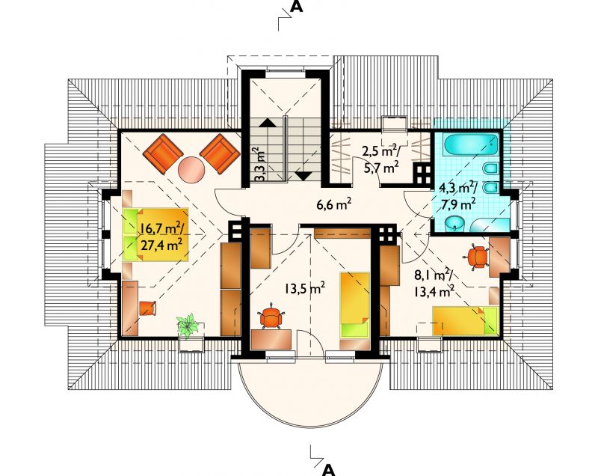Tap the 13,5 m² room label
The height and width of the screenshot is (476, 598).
(304, 288)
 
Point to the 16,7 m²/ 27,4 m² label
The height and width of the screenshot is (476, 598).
(161, 237)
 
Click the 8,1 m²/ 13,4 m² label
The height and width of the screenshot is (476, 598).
(434, 283)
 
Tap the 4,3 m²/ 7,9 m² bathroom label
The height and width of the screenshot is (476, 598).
(457, 195)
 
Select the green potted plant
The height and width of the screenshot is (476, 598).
(188, 326)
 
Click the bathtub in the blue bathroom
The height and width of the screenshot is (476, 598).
(472, 144)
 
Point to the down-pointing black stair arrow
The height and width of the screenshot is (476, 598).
(303, 176)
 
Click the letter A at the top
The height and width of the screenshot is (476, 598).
(296, 7)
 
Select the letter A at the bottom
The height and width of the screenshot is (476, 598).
(328, 470)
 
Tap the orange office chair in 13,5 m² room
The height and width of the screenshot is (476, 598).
(271, 317)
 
